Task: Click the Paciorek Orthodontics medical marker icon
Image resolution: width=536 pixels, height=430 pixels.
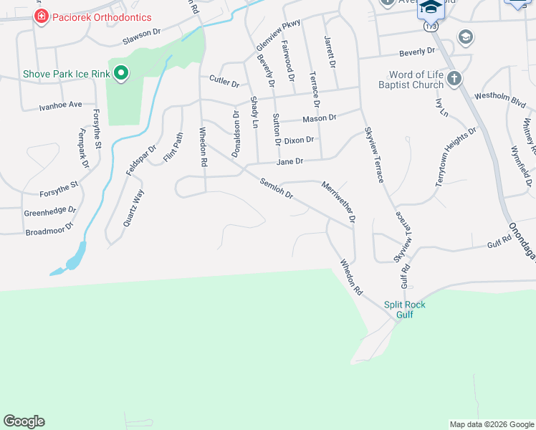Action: pos(42,16)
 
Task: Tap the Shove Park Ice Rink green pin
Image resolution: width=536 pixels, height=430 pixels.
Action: pos(121,72)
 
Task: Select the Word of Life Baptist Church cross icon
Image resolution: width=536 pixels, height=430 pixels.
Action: pos(454,77)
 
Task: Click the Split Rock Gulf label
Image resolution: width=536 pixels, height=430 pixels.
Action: pos(405,310)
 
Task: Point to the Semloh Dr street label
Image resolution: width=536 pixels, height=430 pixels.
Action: pos(277,188)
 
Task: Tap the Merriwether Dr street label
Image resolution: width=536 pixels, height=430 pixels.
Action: pos(339,202)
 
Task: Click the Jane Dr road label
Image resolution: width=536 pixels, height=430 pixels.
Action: pos(290,162)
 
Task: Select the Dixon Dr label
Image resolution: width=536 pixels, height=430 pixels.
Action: pos(299,140)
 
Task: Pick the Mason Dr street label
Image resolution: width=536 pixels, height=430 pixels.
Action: pos(319,118)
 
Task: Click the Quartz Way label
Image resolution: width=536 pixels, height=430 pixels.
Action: pos(129,207)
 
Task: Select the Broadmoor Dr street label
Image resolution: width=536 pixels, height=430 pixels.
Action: pos(49,229)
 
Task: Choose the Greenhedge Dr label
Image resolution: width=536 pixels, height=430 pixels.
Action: pos(50,211)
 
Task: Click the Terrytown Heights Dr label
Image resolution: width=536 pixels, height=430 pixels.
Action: pos(456,157)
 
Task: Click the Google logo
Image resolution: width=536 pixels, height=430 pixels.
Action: pos(24,421)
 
